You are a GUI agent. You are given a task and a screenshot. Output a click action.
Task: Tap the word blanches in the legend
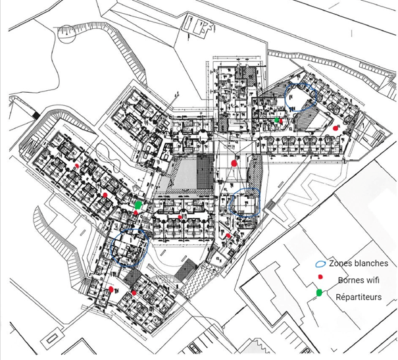[372, 263]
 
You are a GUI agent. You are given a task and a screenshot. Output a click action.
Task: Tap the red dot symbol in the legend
[320, 278]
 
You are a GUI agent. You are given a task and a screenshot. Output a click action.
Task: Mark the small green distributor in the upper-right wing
[278, 121]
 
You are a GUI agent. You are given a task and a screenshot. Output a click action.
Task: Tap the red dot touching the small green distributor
[282, 122]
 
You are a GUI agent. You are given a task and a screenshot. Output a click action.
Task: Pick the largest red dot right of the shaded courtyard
[234, 163]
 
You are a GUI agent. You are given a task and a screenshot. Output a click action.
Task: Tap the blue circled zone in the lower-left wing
[130, 245]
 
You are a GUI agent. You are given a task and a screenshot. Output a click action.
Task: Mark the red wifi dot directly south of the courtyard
[181, 217]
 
